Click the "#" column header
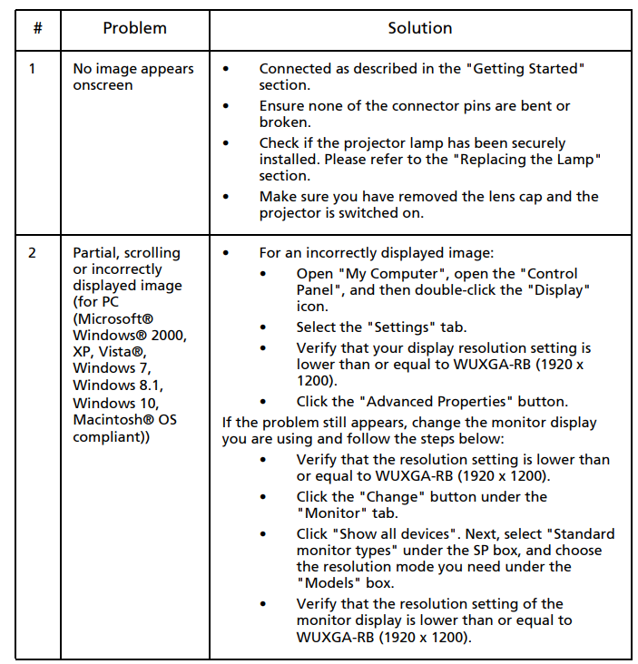point(37,28)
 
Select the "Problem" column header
point(134,28)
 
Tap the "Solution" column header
point(419,28)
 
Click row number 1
point(33,69)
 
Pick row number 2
point(33,253)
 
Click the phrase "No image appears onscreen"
point(133,77)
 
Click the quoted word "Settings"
point(392,327)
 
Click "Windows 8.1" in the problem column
point(116,385)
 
